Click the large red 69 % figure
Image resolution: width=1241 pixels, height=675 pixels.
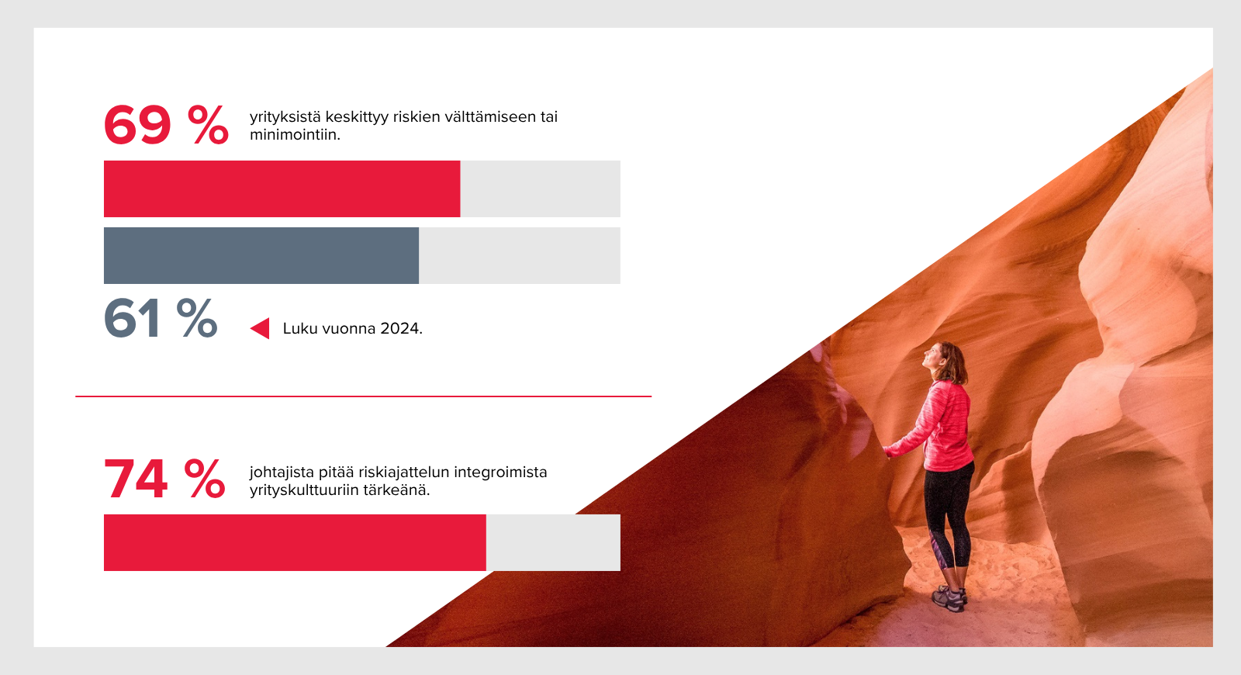tap(166, 125)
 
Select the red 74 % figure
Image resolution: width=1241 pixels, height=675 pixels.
tap(164, 479)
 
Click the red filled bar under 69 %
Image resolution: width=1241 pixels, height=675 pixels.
tap(282, 189)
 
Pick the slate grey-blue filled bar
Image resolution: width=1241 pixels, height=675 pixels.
tap(261, 255)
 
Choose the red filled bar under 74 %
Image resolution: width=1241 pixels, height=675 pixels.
tap(295, 542)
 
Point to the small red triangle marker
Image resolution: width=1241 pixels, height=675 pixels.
tap(260, 328)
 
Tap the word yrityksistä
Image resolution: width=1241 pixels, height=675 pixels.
tap(285, 117)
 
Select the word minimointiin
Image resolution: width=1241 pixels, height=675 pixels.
tap(295, 135)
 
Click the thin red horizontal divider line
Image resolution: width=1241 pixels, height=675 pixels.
tap(364, 396)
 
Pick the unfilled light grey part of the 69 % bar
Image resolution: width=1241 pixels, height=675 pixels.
tap(540, 189)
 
